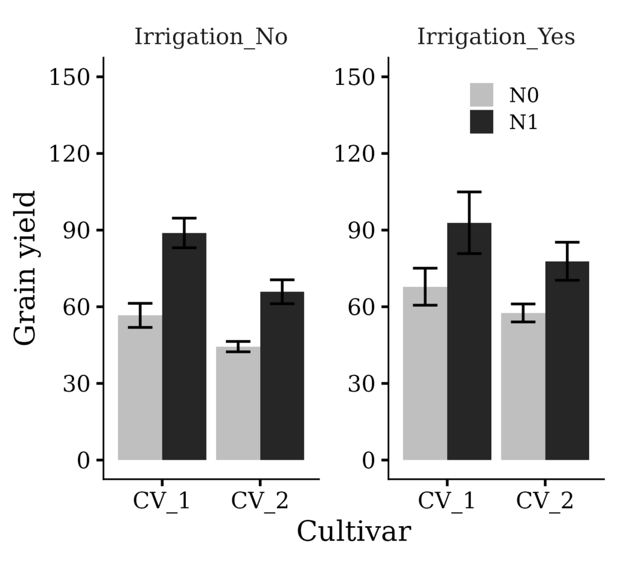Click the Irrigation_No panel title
(x=211, y=37)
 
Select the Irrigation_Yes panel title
(x=495, y=37)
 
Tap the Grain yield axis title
(x=25, y=268)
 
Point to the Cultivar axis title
(x=354, y=532)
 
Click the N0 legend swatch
(x=482, y=95)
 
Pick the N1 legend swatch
(x=482, y=122)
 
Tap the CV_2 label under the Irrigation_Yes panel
(x=545, y=501)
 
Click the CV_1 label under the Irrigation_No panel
(x=162, y=501)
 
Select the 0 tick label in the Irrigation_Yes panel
(x=368, y=460)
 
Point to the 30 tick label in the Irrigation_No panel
(x=75, y=384)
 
